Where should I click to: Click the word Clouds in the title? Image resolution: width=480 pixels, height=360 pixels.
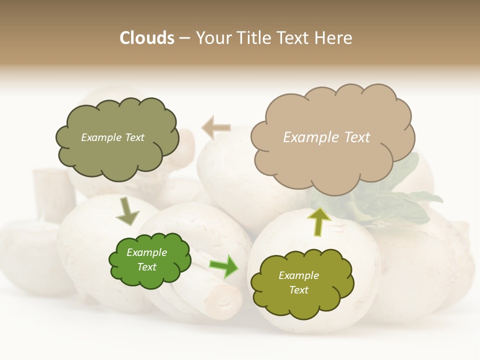pyautogui.click(x=147, y=38)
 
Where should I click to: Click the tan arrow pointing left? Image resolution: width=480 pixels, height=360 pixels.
pyautogui.click(x=216, y=127)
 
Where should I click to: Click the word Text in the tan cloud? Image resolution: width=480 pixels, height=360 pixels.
pyautogui.click(x=357, y=137)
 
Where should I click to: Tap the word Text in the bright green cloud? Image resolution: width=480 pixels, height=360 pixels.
pyautogui.click(x=146, y=267)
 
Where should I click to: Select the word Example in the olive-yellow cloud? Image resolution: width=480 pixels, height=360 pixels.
pyautogui.click(x=298, y=275)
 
